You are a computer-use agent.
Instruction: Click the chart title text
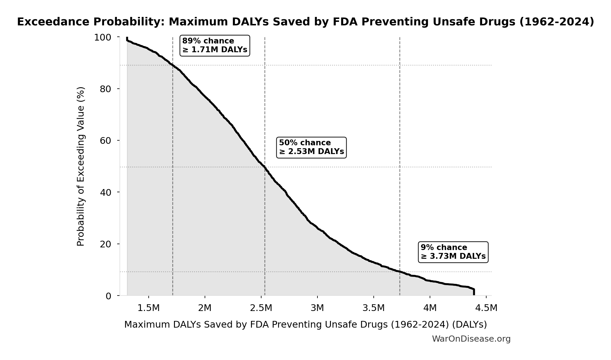[x=305, y=22]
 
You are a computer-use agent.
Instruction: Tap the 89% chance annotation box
[x=215, y=46]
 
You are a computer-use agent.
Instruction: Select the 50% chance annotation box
[x=311, y=147]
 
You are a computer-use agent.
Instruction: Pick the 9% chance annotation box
[x=453, y=252]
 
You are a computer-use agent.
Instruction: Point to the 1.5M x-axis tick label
[x=149, y=308]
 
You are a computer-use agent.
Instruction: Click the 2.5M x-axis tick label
[x=261, y=308]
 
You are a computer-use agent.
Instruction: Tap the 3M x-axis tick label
[x=317, y=308]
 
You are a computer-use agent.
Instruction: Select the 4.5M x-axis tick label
[x=486, y=308]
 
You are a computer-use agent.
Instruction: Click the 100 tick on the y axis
[x=103, y=37]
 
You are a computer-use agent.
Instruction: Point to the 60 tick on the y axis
[x=106, y=141]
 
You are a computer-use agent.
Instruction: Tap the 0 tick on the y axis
[x=108, y=296]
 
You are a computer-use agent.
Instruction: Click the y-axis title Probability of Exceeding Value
[x=80, y=166]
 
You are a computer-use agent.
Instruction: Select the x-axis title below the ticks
[x=305, y=325]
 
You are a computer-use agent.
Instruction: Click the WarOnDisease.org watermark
[x=471, y=339]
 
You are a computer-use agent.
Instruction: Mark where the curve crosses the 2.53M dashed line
[x=265, y=167]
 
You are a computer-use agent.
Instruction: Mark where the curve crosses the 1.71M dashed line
[x=173, y=65]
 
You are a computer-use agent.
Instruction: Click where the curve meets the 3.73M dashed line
[x=400, y=272]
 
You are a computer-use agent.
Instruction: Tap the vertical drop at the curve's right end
[x=474, y=292]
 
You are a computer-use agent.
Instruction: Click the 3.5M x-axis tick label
[x=373, y=308]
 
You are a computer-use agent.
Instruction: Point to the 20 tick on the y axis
[x=106, y=244]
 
